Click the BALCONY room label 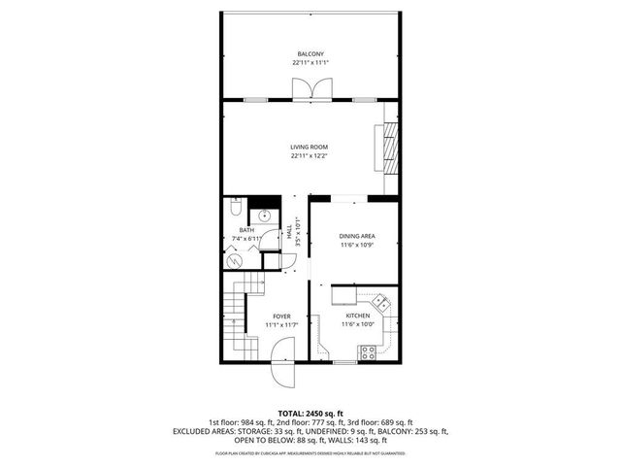point(310,53)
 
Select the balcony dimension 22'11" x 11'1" point(310,63)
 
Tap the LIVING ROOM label point(310,147)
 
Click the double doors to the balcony point(310,90)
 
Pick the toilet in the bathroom point(234,208)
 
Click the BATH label point(246,230)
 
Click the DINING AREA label point(357,237)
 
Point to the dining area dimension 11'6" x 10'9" point(357,246)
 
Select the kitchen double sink point(381,302)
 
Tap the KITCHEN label point(358,316)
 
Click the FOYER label point(281,316)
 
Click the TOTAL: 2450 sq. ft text point(310,414)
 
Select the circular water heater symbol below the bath point(233,260)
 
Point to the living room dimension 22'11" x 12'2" point(310,156)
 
